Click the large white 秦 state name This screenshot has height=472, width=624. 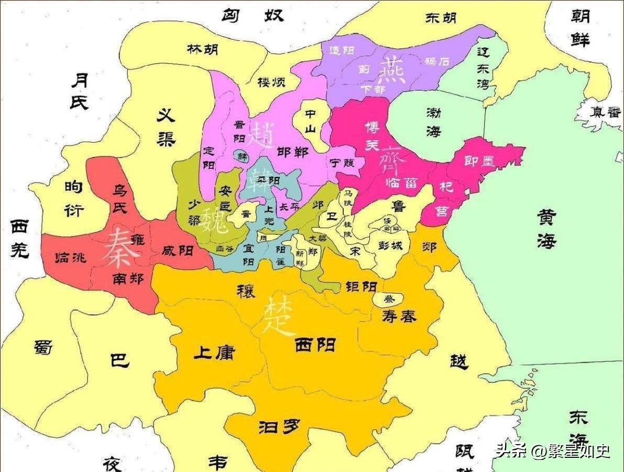pos(121,248)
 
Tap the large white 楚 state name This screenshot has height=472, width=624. pos(279,316)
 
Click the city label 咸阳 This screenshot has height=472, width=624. pos(178,250)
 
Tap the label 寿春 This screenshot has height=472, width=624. pos(399,316)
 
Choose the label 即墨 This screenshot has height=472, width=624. pos(479,161)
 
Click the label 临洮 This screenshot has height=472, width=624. pos(71,258)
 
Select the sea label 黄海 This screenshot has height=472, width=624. pos(546,229)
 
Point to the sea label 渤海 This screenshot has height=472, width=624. pos(434,122)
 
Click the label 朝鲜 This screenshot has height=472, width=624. pos(581,28)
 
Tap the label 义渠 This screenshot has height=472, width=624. pos(166,127)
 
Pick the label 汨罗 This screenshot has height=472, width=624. pos(279,427)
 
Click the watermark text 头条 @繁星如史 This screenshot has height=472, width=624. pos(553,450)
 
